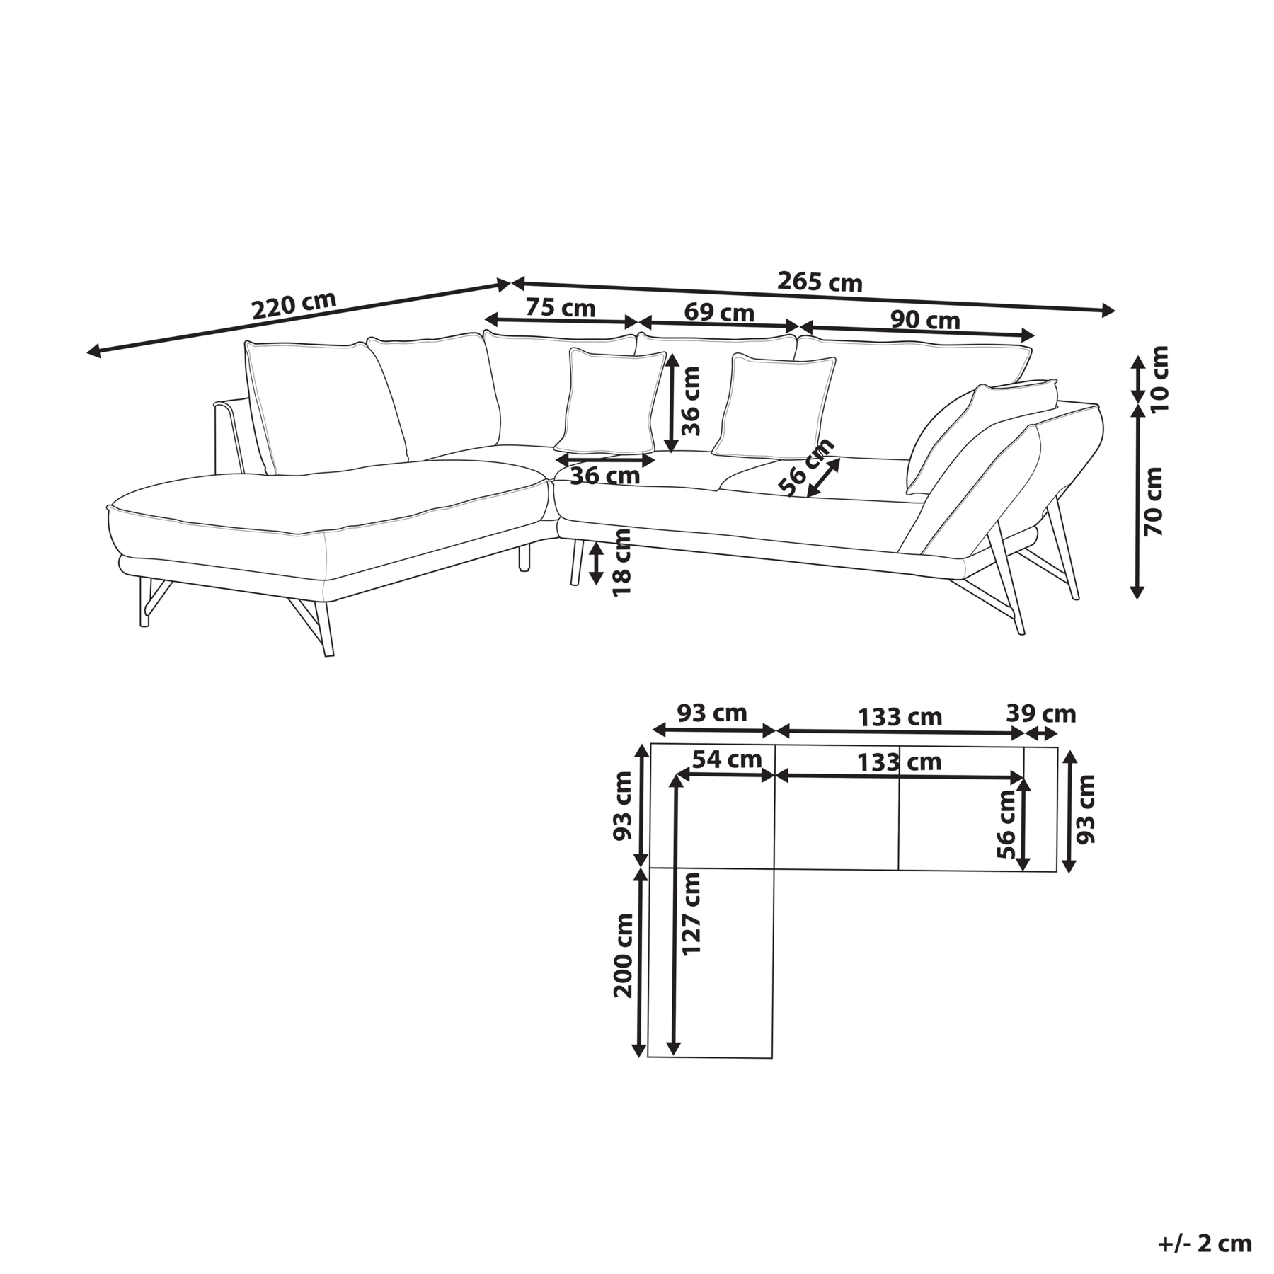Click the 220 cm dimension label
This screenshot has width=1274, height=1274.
point(294,305)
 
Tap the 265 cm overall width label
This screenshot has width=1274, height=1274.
point(820,282)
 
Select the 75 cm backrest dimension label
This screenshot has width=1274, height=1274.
point(561,308)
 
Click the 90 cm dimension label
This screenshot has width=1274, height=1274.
point(925,320)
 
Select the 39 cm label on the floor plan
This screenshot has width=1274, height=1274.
point(1041,713)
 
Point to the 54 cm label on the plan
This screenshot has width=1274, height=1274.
point(727,759)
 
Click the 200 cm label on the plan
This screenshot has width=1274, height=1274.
point(624,955)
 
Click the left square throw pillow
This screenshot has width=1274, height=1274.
point(610,401)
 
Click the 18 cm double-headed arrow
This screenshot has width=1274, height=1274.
point(597,563)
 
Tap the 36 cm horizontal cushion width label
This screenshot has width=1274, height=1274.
point(605,476)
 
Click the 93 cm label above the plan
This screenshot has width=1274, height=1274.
point(712,712)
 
